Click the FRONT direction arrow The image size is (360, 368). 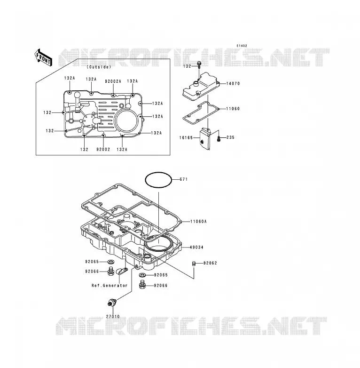[x=43, y=58]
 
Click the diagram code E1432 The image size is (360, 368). [x=242, y=46]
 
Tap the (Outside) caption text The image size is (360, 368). [x=99, y=67]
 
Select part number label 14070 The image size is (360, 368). [x=233, y=83]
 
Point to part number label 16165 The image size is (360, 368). [x=186, y=137]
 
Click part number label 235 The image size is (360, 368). [x=230, y=137]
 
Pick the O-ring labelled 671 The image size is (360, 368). [x=158, y=180]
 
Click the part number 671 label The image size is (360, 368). [x=183, y=179]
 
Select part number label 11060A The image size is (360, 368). [x=198, y=221]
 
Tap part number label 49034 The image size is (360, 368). [x=196, y=247]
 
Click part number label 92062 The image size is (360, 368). [x=210, y=263]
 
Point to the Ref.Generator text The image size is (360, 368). [x=110, y=286]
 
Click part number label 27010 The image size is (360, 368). [x=113, y=317]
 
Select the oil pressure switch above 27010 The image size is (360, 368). [x=112, y=302]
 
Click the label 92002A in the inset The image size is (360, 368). [x=113, y=81]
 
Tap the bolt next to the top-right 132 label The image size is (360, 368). [x=199, y=64]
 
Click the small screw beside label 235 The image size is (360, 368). [x=219, y=138]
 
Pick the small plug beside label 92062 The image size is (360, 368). [x=194, y=264]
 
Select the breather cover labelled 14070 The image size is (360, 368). [x=201, y=87]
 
